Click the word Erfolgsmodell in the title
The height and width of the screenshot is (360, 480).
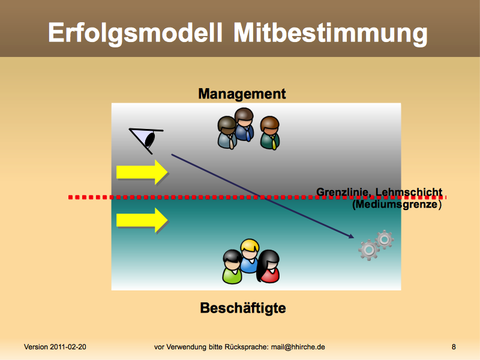pos(135,34)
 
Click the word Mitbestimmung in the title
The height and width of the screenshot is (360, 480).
pos(331,34)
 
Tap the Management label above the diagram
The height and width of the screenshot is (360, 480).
pos(242,94)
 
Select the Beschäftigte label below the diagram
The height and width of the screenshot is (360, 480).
pos(243,308)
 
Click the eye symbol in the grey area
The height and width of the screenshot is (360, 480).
pos(146,139)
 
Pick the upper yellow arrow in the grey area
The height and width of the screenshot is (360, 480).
pos(142,172)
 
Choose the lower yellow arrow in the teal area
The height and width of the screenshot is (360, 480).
pos(142,220)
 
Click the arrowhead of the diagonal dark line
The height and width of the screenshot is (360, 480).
pos(351,236)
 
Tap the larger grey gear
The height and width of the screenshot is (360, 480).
pos(369,250)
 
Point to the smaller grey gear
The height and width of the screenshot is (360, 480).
pos(385,239)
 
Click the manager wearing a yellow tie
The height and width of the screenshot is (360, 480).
pos(270,133)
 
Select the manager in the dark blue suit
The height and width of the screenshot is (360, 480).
pos(244,125)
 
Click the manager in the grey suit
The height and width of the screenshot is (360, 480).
pos(227,133)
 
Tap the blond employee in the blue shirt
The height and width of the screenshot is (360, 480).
pos(250,256)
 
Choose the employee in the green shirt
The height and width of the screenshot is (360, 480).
pos(232,267)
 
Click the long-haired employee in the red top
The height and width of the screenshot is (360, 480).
pos(268,266)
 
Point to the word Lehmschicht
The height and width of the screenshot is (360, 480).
pos(409,192)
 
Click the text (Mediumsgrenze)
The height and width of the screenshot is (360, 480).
pos(397,204)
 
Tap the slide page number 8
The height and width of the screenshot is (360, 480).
pos(454,347)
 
